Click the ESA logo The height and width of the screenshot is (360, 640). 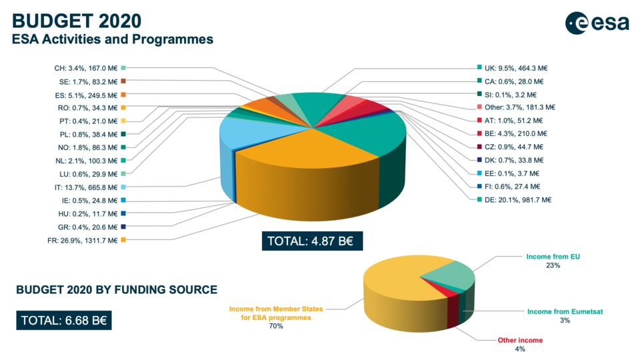click(597, 23)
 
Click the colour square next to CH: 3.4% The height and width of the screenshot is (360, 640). click(123, 68)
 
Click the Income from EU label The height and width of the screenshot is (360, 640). click(553, 257)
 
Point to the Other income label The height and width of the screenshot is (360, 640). click(520, 340)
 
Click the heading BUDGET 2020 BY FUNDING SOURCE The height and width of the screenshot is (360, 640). click(117, 290)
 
